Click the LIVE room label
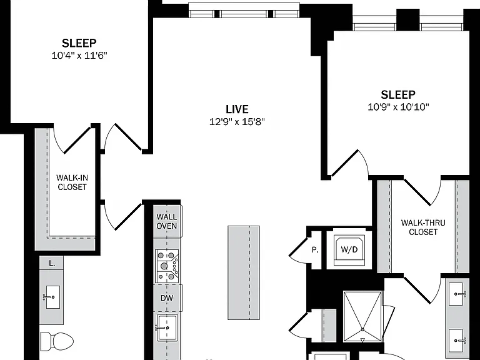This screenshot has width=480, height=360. tap(237, 109)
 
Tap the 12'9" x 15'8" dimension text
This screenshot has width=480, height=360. tap(237, 122)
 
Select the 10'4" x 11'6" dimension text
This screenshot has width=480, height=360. tap(79, 56)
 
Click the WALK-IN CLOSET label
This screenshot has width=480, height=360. tap(72, 182)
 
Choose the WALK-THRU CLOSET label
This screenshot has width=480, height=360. tap(423, 227)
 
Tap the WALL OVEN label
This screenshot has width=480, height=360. tap(166, 221)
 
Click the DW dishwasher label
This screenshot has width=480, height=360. tap(167, 298)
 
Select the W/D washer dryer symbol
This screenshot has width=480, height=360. tap(349, 249)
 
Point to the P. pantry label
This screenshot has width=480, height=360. tap(315, 250)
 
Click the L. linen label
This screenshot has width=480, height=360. tap(52, 263)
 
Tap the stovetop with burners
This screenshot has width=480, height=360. tap(167, 266)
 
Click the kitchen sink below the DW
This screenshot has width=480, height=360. tap(167, 327)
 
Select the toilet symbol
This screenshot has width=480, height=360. tap(57, 341)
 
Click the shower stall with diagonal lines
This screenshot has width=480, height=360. tap(362, 317)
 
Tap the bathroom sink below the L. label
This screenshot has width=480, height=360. tap(52, 297)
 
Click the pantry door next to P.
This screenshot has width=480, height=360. tap(299, 249)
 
